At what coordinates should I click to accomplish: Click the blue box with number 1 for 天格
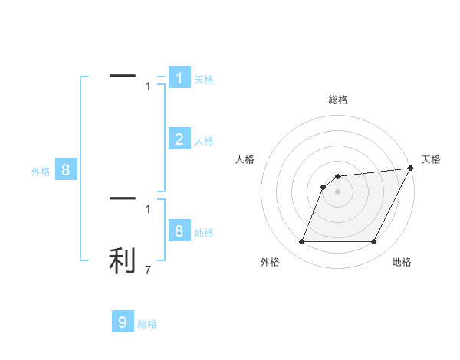pos(179,78)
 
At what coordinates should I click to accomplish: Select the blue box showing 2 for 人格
pos(179,139)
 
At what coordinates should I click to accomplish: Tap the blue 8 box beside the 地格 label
pos(179,231)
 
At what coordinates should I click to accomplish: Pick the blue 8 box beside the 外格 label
pos(66,170)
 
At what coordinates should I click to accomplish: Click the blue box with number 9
pos(123,322)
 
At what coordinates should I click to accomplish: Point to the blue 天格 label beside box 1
pos(204,79)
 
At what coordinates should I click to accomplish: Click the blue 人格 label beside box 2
pos(204,141)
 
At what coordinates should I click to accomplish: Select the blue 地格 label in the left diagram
pos(204,232)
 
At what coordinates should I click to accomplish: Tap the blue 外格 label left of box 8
pos(41,172)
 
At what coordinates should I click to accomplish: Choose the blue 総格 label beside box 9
pos(147,324)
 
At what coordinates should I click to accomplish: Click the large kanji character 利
pos(123,260)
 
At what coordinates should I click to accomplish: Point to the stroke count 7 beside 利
pos(148,270)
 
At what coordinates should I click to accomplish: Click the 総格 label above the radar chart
pos(337,100)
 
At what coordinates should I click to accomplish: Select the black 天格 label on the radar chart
pos(431,159)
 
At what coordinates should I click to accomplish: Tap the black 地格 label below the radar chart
pos(402,262)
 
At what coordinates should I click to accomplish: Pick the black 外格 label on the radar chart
pos(269,262)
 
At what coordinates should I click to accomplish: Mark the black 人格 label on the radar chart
pos(245,159)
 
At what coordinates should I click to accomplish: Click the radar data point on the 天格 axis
pos(410,169)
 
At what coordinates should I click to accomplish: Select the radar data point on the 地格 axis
pos(373,242)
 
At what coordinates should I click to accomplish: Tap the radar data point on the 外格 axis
pos(301,242)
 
